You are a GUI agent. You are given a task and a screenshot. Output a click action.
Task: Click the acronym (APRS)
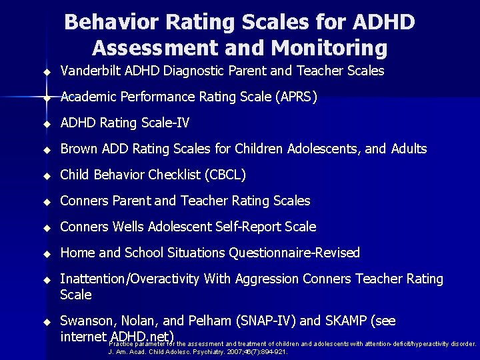[x=294, y=97]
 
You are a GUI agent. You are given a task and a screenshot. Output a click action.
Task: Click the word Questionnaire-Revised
[x=295, y=253]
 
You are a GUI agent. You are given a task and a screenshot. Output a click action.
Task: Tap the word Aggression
[x=267, y=279]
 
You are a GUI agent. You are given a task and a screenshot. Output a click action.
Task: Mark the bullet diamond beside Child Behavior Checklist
[x=47, y=176]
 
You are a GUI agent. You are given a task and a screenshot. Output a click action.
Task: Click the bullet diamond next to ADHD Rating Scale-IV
[x=47, y=124]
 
